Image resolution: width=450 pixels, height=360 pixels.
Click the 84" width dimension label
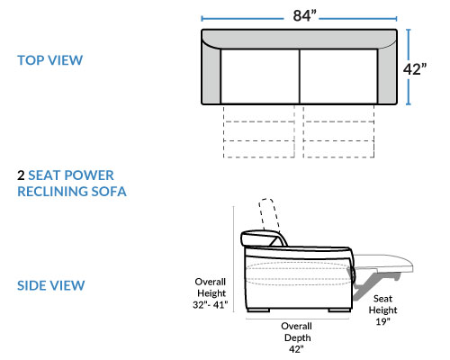304,16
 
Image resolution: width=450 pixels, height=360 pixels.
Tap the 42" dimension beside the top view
414,69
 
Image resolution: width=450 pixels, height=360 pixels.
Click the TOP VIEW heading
50,60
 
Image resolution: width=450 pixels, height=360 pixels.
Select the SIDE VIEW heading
51,285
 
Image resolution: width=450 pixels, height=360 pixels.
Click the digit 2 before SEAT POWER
21,175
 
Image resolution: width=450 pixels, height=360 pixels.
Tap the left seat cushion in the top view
260,76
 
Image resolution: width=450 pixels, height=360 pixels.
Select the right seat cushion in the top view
338,76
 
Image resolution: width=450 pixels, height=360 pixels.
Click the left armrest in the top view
211,75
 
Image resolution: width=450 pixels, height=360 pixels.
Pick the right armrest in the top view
387,75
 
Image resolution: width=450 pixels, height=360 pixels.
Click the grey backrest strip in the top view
300,39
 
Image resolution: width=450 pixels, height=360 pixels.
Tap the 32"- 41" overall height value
211,305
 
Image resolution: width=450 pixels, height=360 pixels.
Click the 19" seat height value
382,321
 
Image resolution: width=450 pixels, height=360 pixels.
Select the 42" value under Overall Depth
296,349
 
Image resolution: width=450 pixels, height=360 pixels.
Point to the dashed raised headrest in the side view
269,214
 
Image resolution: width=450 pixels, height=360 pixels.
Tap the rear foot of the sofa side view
258,310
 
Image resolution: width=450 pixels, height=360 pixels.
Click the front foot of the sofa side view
339,310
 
